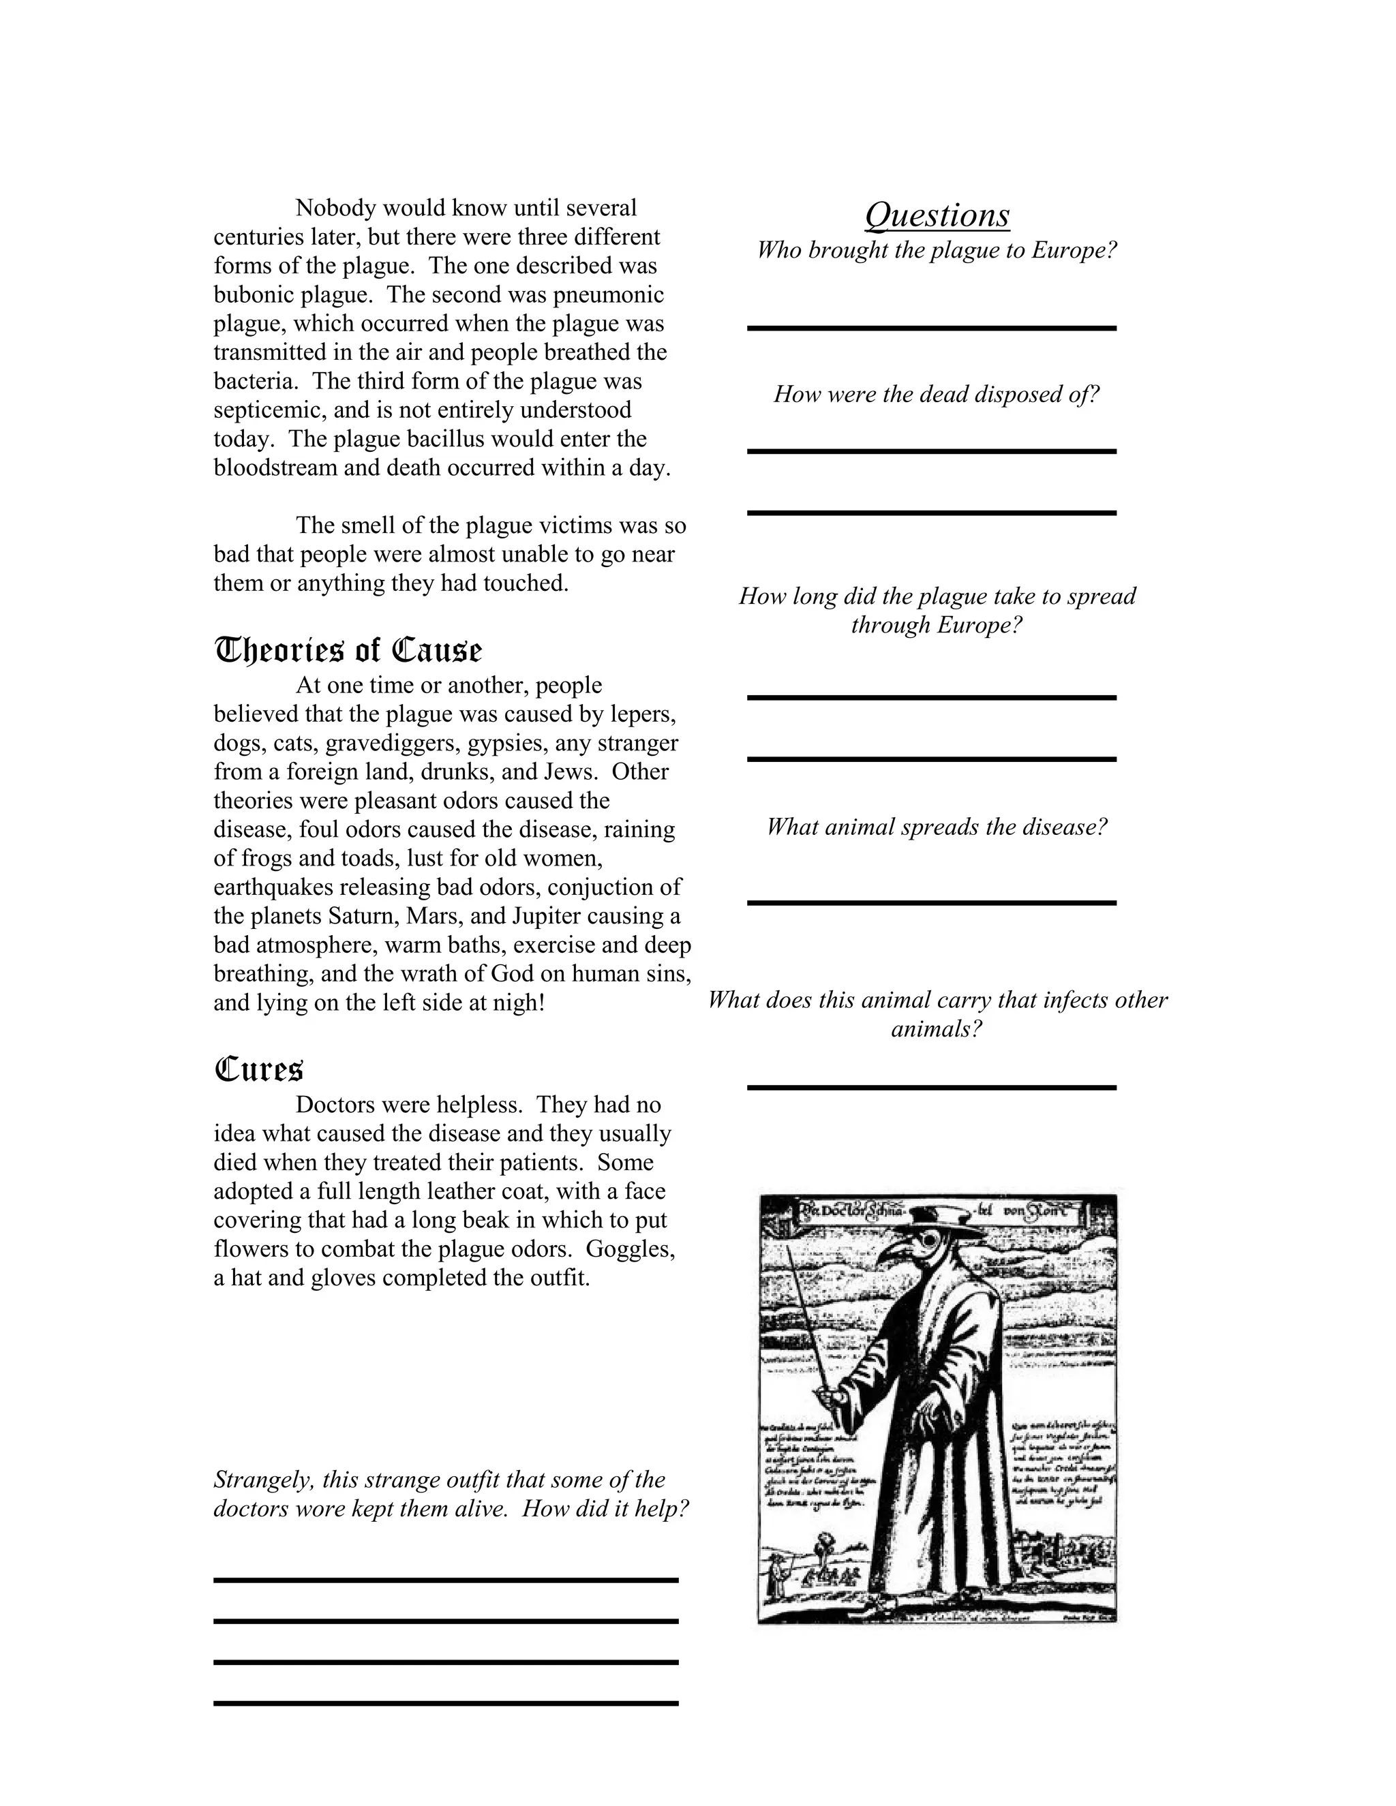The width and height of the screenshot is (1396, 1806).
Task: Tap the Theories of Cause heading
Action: pyautogui.click(x=348, y=651)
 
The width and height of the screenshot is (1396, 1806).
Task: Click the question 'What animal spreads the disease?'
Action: pyautogui.click(x=936, y=827)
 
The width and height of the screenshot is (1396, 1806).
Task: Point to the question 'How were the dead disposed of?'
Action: pyautogui.click(x=936, y=394)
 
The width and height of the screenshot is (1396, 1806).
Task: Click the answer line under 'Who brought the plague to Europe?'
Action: pyautogui.click(x=931, y=328)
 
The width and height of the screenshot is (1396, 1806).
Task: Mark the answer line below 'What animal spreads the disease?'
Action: pyautogui.click(x=931, y=902)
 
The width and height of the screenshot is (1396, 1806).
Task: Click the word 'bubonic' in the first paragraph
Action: pyautogui.click(x=253, y=294)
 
